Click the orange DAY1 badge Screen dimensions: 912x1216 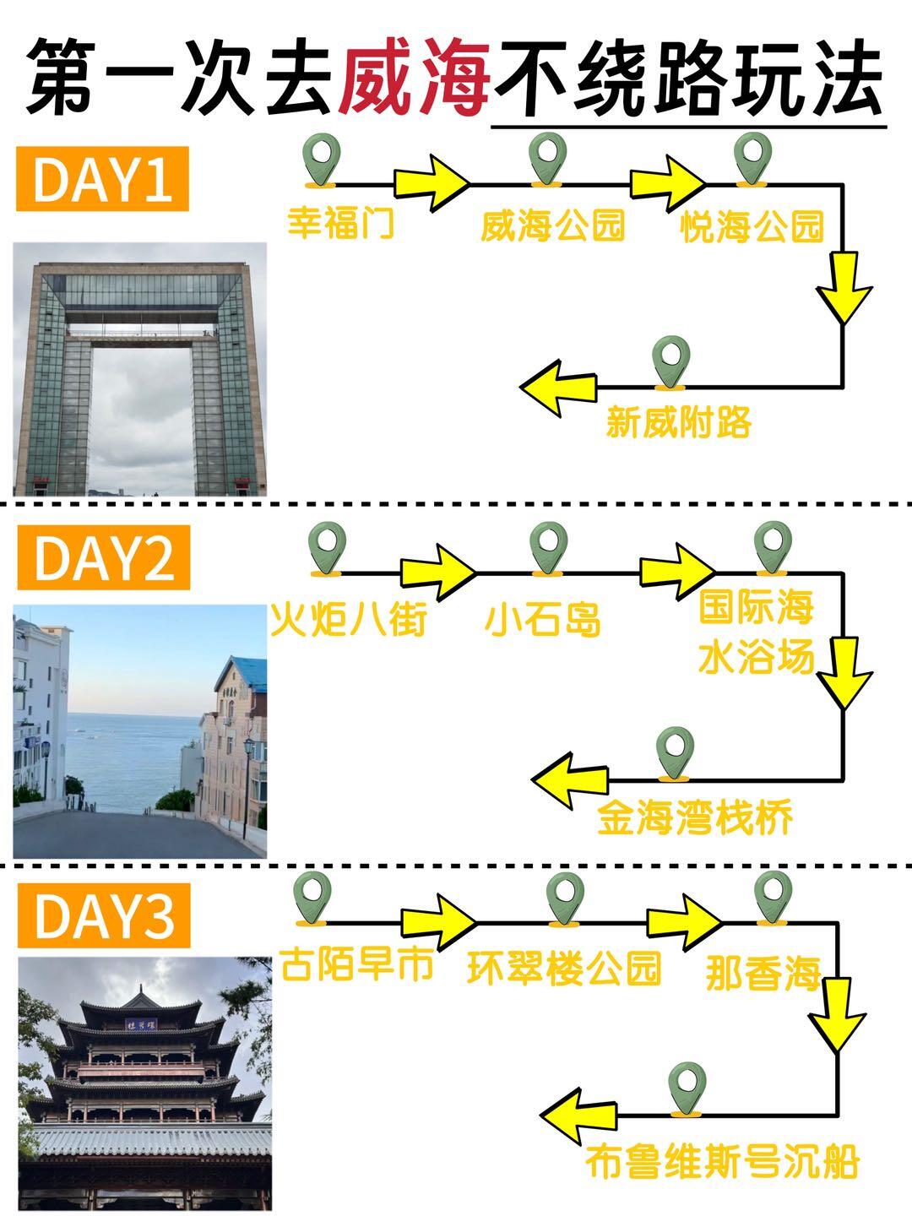(x=102, y=179)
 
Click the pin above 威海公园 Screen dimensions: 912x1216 (x=547, y=158)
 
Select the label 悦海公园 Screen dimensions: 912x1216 (x=752, y=226)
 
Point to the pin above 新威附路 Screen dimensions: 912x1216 (x=672, y=361)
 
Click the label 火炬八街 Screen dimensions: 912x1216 (x=348, y=621)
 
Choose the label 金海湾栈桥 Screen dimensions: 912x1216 (x=695, y=817)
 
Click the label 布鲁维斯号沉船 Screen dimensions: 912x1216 (x=722, y=1162)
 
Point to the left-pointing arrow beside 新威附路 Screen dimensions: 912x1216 (x=558, y=388)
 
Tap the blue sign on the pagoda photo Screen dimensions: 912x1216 (x=141, y=1024)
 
